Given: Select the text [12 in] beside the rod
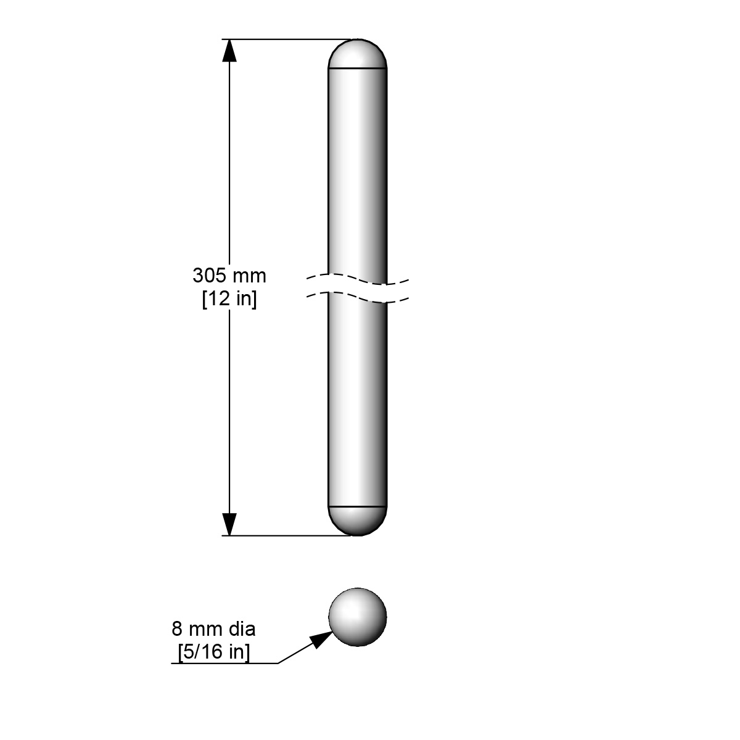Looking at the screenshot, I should coord(229,299).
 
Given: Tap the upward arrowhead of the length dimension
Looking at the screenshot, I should coord(229,50).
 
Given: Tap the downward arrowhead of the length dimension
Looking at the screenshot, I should coord(229,524).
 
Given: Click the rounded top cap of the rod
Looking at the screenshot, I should coord(358,54).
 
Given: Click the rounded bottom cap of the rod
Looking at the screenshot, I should coord(358,520).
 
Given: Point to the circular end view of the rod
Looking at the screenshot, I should coord(358,617).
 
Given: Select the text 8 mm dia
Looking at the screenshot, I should coord(213,630).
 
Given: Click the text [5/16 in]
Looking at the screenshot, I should coord(213,652).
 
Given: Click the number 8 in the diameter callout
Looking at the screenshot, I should coord(177,630).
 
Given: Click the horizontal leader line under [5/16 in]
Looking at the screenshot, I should coord(222,664).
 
